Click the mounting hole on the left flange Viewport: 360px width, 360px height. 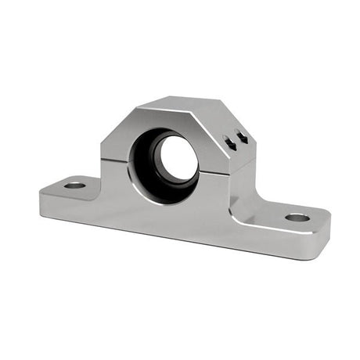pyautogui.click(x=74, y=185)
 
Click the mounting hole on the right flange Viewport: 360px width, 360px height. pyautogui.click(x=297, y=217)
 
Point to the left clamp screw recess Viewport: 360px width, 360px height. pyautogui.click(x=229, y=142)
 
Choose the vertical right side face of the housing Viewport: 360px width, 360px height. pyautogui.click(x=243, y=168)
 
